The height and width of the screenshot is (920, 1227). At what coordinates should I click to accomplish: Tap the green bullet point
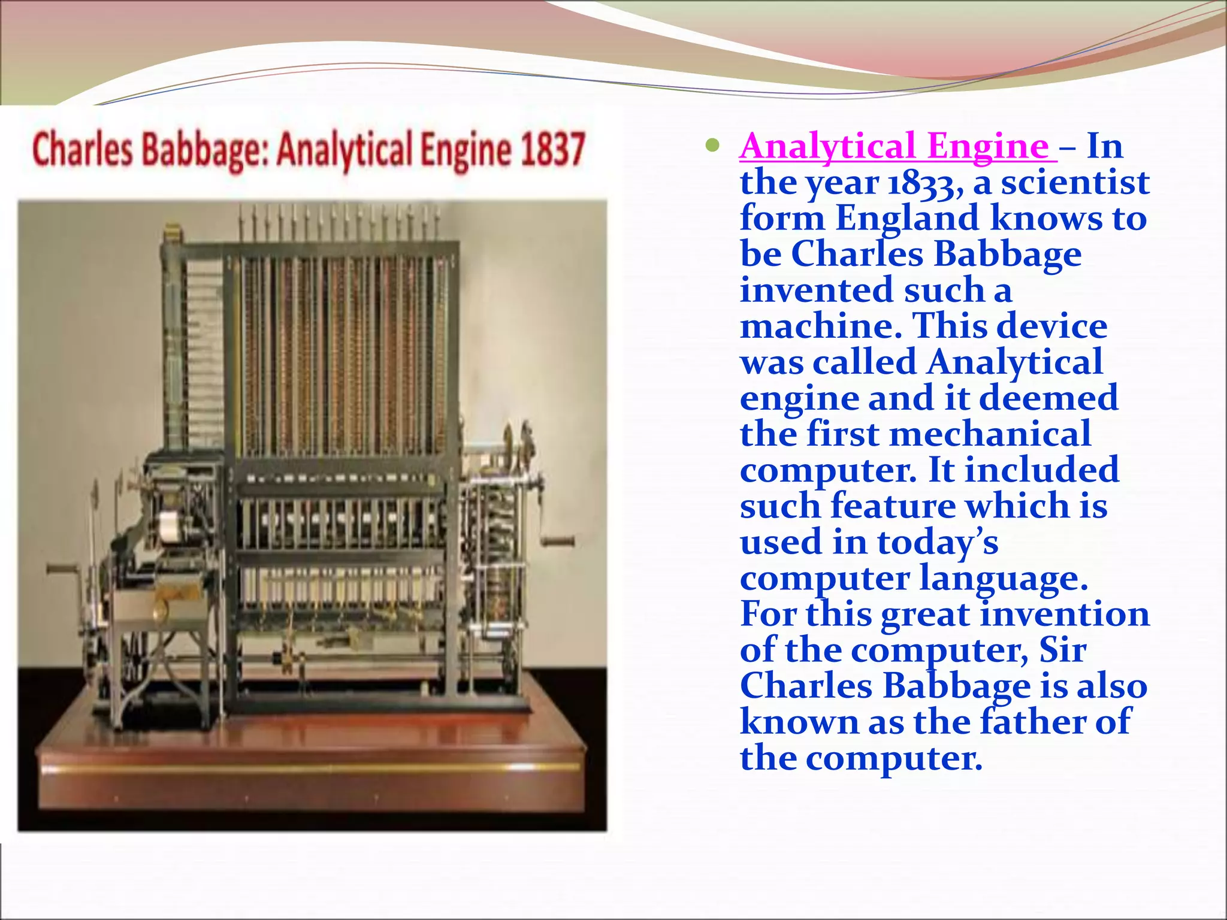(712, 145)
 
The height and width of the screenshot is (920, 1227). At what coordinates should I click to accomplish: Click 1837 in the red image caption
(552, 149)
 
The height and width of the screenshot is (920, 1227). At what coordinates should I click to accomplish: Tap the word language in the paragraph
(1004, 579)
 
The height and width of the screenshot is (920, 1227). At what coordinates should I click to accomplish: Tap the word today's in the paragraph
(938, 543)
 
